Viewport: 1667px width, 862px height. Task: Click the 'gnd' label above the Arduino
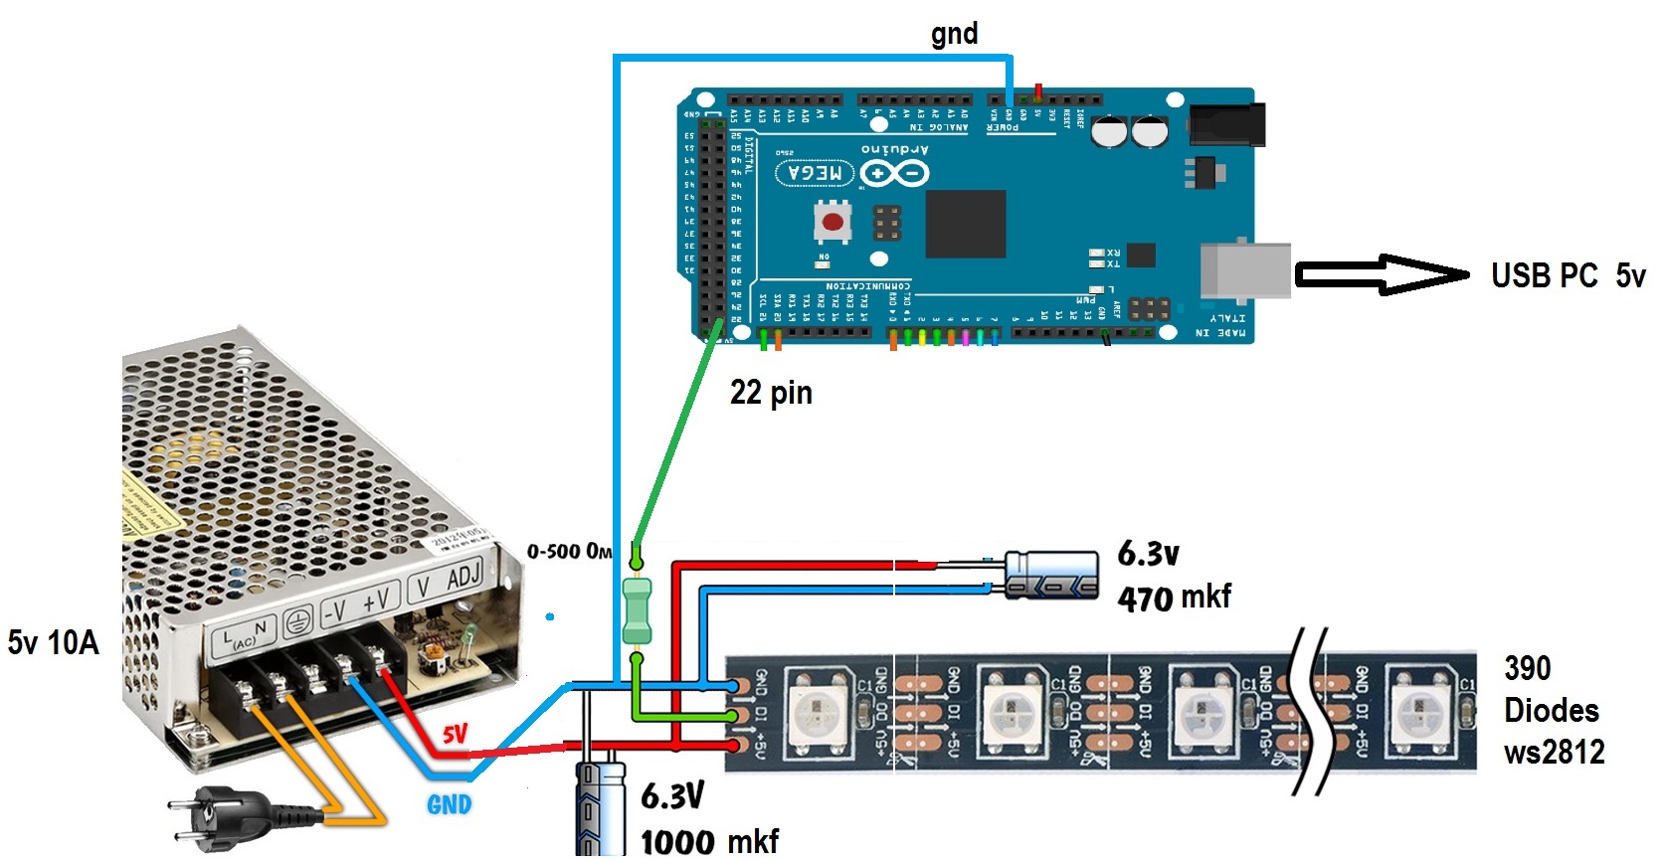[954, 34]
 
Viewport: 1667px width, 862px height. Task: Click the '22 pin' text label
[771, 393]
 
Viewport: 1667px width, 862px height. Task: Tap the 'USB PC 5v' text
[1568, 275]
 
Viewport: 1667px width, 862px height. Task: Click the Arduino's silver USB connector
[1245, 269]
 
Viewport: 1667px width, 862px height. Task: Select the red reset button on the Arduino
[833, 221]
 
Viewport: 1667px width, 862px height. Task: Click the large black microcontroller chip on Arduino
[965, 224]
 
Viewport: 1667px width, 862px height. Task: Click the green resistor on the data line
[637, 610]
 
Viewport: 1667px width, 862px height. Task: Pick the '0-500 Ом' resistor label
[569, 551]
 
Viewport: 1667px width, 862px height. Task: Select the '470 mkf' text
[1174, 598]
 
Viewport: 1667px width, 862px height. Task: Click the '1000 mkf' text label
[709, 841]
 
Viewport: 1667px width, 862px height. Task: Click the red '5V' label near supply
[455, 734]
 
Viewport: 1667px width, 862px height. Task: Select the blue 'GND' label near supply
[449, 804]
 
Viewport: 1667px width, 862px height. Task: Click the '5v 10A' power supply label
[54, 642]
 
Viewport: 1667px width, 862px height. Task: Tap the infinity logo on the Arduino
[894, 174]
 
